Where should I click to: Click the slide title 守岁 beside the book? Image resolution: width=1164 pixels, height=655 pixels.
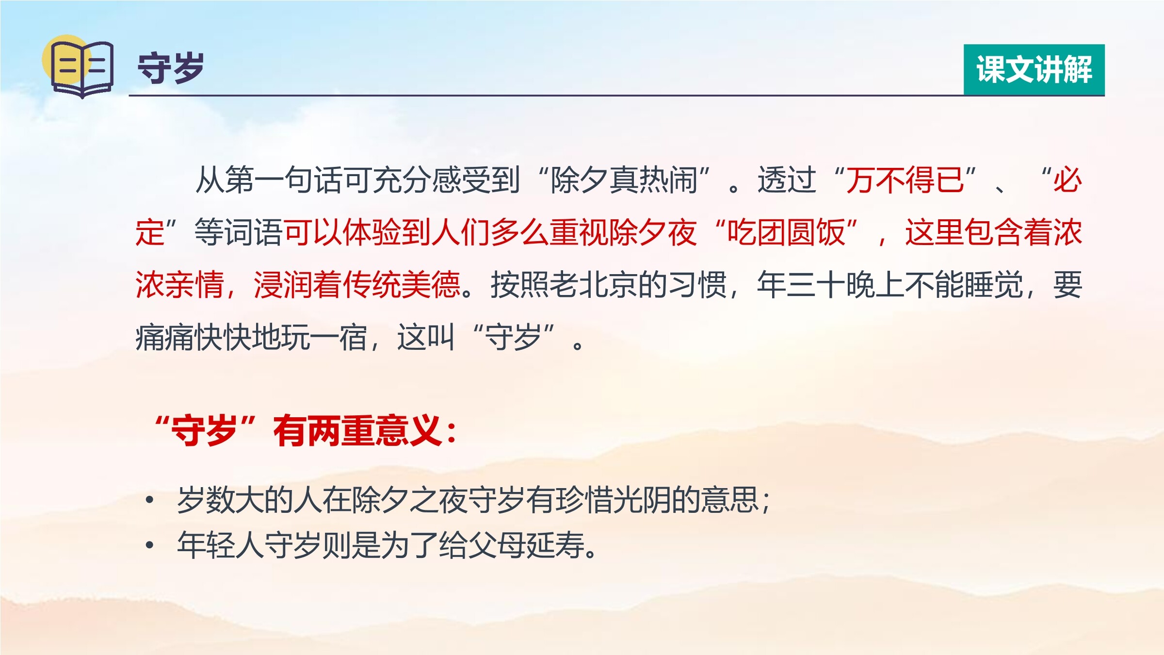(171, 68)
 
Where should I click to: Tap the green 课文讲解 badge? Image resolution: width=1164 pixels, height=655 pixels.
(1034, 70)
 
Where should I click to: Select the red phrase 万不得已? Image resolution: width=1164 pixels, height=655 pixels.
(905, 180)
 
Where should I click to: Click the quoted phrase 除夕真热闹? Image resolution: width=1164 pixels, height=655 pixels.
(624, 180)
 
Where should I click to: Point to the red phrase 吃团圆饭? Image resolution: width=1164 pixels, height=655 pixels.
(786, 232)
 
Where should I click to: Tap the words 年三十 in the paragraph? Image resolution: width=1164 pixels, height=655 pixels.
(801, 285)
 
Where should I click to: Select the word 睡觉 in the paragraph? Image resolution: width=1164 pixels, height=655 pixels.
(994, 285)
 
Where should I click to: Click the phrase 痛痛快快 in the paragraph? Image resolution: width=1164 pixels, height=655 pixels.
(194, 337)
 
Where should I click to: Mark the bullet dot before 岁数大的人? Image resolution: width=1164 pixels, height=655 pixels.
(150, 500)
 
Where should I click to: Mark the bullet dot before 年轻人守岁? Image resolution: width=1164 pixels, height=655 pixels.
(150, 545)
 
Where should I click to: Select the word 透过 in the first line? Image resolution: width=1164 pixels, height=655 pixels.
(787, 180)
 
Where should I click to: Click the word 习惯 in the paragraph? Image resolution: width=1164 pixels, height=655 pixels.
(697, 285)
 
